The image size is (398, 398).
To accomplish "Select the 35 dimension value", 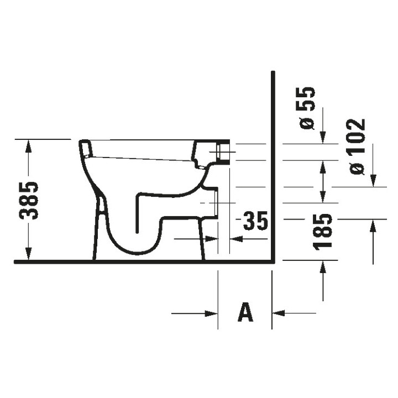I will (x=255, y=222).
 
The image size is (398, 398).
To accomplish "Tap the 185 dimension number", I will (x=323, y=230).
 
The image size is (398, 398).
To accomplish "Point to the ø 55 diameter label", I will (x=307, y=108).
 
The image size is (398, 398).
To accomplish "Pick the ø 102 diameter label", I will (x=358, y=147).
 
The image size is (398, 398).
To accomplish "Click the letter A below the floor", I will (x=245, y=313).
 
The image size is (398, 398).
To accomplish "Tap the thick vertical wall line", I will (x=273, y=166).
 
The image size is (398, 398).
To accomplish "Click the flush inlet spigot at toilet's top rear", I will (x=224, y=151).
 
